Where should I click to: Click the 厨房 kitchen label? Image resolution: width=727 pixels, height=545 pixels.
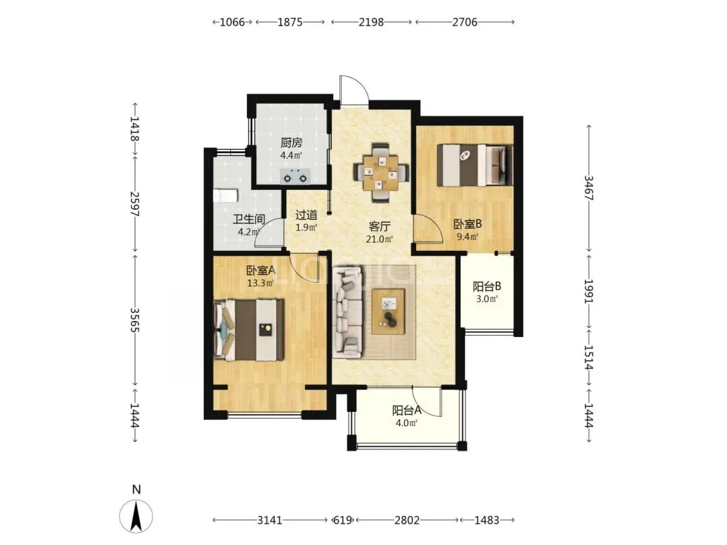tap(291, 143)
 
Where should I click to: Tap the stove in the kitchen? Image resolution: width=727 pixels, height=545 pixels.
tap(296, 176)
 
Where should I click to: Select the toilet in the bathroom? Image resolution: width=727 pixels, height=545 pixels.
tap(226, 196)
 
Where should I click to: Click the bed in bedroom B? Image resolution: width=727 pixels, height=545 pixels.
tap(475, 165)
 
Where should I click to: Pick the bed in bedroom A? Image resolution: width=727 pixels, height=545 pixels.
tap(249, 330)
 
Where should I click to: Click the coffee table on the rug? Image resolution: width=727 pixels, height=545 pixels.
tap(388, 311)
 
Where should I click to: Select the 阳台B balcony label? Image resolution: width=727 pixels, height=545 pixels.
tap(487, 287)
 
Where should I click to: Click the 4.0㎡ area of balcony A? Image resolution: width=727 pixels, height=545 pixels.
tap(406, 423)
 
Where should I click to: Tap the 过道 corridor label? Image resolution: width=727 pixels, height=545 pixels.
tap(306, 215)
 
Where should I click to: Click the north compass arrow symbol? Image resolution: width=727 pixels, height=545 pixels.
tap(136, 516)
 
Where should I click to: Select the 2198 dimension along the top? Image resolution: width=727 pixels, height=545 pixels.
tap(372, 22)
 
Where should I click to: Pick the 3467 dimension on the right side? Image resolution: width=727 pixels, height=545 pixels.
tap(589, 188)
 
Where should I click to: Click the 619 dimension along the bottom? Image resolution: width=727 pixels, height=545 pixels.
tap(343, 520)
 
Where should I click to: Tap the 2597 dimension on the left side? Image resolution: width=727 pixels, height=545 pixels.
tap(135, 204)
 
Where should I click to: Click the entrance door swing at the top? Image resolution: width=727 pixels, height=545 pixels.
tap(354, 89)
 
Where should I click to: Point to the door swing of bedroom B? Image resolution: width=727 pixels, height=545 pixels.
tap(427, 229)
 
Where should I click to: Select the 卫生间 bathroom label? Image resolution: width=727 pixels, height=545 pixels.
tap(249, 219)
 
